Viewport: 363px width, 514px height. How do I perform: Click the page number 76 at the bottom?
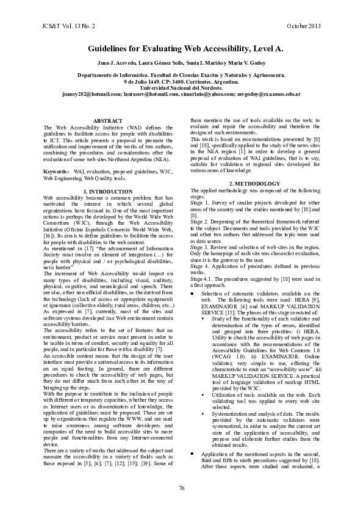181,487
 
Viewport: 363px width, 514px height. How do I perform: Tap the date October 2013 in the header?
303,27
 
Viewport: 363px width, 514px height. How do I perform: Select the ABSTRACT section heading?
108,121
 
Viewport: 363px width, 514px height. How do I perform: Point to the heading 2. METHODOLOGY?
255,184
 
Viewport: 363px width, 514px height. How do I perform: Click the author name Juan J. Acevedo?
117,64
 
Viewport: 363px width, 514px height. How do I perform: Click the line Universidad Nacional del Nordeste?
181,88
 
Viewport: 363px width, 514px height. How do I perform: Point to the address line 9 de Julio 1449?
145,81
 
